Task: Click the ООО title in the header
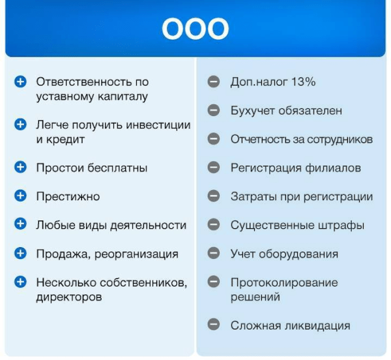pyautogui.click(x=195, y=29)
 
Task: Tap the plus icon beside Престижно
pyautogui.click(x=20, y=196)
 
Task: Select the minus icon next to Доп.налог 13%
pyautogui.click(x=213, y=82)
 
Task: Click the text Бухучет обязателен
pyautogui.click(x=285, y=111)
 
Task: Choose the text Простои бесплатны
pyautogui.click(x=91, y=168)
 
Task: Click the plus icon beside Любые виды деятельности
pyautogui.click(x=20, y=225)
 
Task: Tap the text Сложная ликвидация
pyautogui.click(x=290, y=325)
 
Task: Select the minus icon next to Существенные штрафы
pyautogui.click(x=213, y=225)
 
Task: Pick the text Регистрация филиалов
pyautogui.click(x=295, y=168)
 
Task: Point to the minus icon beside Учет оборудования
pyautogui.click(x=213, y=254)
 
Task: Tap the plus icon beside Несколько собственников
pyautogui.click(x=20, y=282)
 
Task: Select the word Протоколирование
pyautogui.click(x=283, y=282)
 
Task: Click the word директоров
pyautogui.click(x=69, y=297)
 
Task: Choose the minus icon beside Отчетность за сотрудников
pyautogui.click(x=213, y=139)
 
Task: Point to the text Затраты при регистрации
pyautogui.click(x=301, y=196)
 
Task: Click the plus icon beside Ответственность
pyautogui.click(x=20, y=82)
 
